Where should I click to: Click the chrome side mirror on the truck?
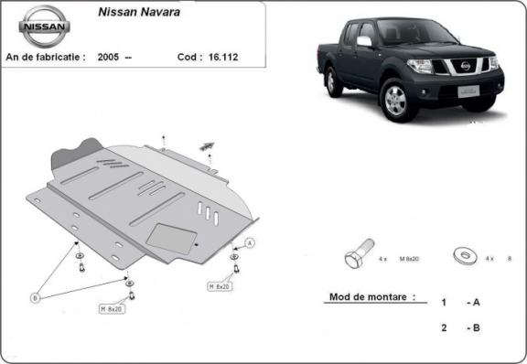tap(364, 42)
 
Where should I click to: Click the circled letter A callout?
tap(250, 242)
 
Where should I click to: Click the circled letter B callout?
tap(36, 297)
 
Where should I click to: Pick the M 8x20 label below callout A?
tap(220, 286)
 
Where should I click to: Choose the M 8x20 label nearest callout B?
tap(110, 310)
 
